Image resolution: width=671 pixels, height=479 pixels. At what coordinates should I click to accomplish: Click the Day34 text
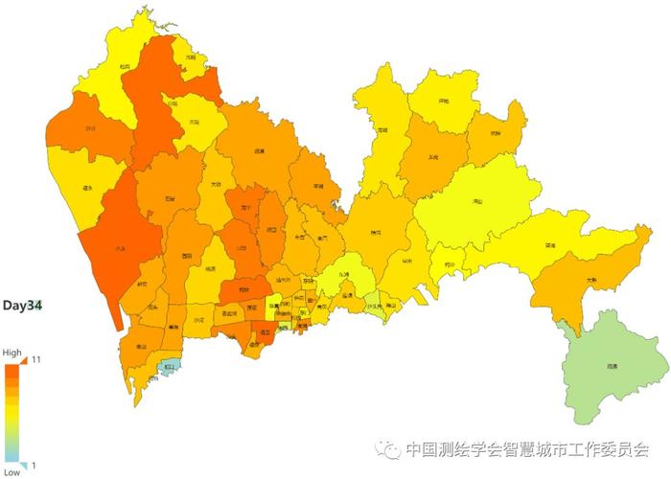tap(22, 306)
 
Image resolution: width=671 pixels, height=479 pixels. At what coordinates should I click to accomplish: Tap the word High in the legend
tap(12, 353)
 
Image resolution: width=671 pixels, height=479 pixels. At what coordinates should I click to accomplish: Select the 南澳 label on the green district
tap(611, 366)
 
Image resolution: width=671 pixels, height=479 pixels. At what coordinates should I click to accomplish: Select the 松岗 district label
tap(125, 66)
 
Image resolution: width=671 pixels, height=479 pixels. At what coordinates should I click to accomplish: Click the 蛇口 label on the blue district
tap(170, 366)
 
